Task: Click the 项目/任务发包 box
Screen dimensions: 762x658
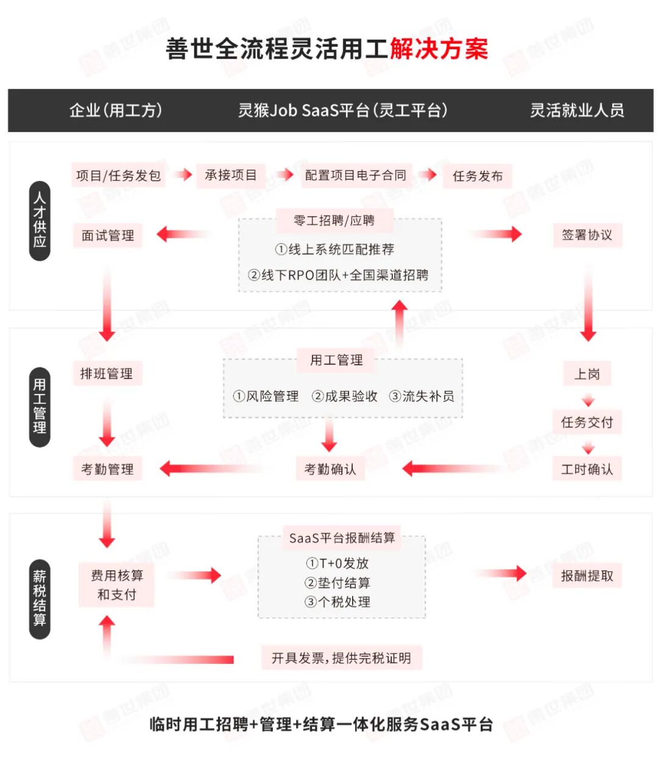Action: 118,175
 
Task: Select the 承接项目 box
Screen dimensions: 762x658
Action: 231,175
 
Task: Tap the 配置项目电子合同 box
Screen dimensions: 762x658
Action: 355,175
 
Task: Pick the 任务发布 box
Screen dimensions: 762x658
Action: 478,176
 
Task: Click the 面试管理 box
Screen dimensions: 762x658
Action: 108,235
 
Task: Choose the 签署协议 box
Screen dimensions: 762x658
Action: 587,235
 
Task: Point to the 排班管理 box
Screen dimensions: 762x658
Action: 107,373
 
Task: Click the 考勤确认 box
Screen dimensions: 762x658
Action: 330,469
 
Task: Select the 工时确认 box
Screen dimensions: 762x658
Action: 587,469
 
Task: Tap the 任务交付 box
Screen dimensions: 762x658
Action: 587,422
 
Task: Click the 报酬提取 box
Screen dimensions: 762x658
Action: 587,576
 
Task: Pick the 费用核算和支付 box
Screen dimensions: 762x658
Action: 116,585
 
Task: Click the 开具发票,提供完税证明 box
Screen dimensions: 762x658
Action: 341,658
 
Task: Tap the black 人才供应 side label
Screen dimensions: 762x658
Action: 40,220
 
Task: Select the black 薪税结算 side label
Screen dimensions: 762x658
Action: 40,598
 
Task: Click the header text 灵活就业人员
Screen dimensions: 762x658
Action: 576,110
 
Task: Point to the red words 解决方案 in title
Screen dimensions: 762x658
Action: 439,49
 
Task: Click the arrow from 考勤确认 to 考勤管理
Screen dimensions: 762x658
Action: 213,468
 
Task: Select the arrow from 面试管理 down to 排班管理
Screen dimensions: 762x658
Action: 107,305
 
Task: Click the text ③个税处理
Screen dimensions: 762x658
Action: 338,602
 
